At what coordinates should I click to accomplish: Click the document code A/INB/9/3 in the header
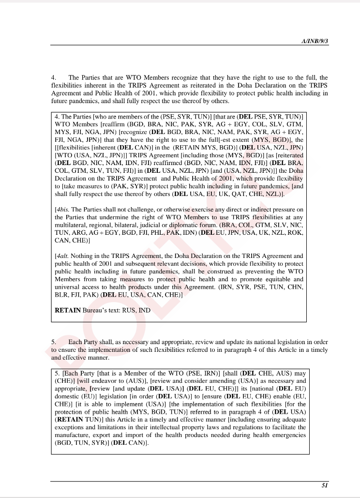coord(315,42)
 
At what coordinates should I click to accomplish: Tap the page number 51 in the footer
coord(325,485)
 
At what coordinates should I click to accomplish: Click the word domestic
coord(67,396)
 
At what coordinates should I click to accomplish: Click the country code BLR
coord(61,295)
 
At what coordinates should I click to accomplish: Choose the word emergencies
coord(286,435)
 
